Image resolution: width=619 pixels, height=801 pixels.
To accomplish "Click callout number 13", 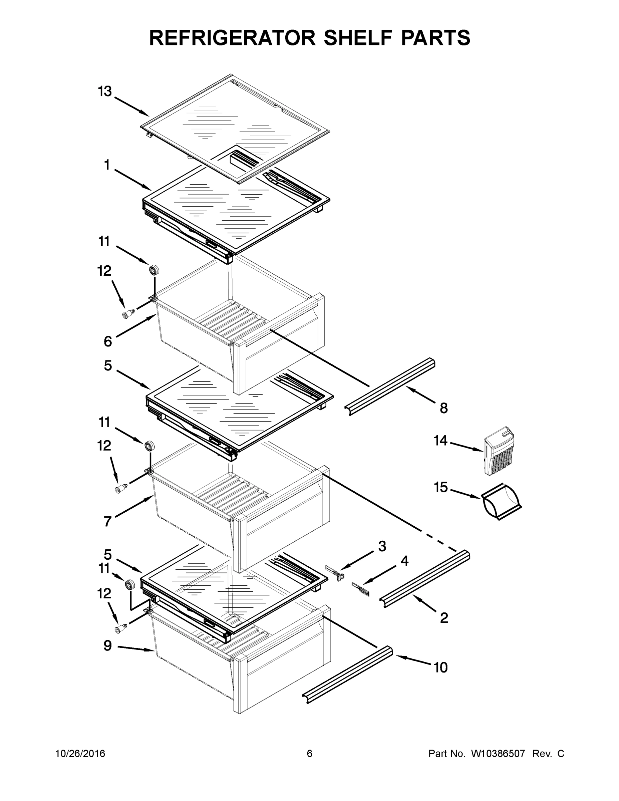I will coord(104,91).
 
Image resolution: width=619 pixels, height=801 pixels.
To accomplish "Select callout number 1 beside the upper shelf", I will coord(107,166).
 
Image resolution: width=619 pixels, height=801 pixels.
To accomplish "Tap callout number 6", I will coord(107,341).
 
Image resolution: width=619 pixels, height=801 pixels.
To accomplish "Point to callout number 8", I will coord(444,408).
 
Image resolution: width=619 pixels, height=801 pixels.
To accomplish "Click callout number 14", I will coord(440,441).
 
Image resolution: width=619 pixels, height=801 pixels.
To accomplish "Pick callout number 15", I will coord(441,487).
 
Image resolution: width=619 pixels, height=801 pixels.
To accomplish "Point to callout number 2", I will coord(444,618).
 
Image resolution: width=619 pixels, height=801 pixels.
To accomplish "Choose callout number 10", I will coord(440,667).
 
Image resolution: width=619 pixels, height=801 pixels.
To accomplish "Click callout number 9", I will coord(107,646).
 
